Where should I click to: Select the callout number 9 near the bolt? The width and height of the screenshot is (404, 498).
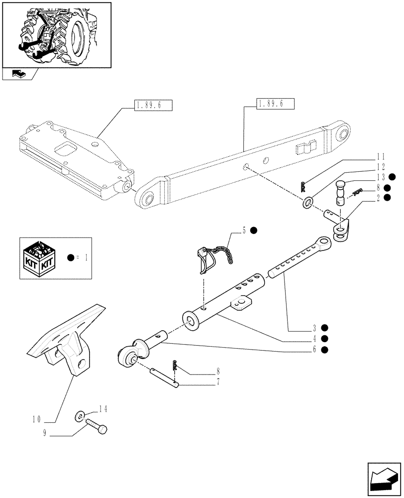click(x=45, y=433)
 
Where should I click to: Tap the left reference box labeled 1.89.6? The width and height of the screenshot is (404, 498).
click(x=153, y=105)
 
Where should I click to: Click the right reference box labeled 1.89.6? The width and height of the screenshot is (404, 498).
click(x=275, y=104)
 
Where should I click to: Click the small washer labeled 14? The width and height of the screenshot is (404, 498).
click(x=80, y=415)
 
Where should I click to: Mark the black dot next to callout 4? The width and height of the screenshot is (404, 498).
click(x=324, y=339)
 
